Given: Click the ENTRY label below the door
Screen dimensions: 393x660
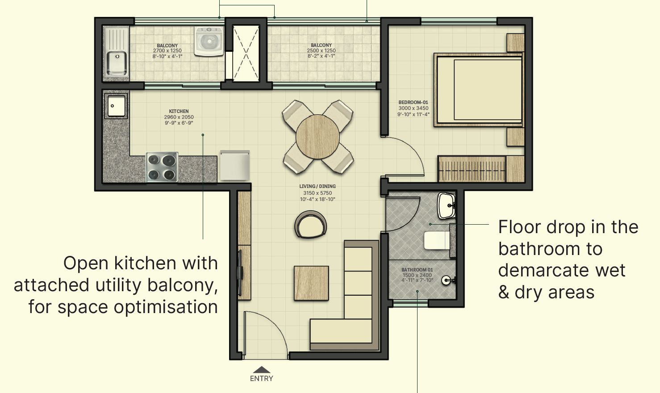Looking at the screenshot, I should [x=261, y=378].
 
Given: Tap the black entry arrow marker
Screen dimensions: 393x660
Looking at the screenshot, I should [x=262, y=370].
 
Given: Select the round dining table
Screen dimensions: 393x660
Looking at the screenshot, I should [x=318, y=137].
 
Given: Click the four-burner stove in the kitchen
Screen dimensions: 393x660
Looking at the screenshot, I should [x=162, y=167].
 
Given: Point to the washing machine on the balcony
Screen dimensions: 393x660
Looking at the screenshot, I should [x=209, y=41].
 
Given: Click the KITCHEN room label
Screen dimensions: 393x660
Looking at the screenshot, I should [x=179, y=111].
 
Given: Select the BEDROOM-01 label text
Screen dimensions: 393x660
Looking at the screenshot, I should [x=413, y=102].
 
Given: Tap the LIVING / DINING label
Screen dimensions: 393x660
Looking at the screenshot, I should [x=317, y=186].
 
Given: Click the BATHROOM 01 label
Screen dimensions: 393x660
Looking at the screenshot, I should [x=417, y=270].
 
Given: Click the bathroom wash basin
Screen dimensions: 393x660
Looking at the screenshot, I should [x=446, y=206].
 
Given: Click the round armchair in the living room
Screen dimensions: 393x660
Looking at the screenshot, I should [x=310, y=226].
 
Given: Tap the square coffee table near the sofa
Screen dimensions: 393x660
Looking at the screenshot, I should [x=311, y=283].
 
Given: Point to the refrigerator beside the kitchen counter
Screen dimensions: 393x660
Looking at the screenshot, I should [x=234, y=165].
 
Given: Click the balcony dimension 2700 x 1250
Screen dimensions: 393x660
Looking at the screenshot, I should [x=167, y=51].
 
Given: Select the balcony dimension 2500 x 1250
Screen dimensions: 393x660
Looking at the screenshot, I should [x=321, y=50].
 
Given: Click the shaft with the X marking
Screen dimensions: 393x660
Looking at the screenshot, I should [x=246, y=54].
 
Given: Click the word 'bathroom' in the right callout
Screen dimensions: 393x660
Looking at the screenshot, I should [x=550, y=249].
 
